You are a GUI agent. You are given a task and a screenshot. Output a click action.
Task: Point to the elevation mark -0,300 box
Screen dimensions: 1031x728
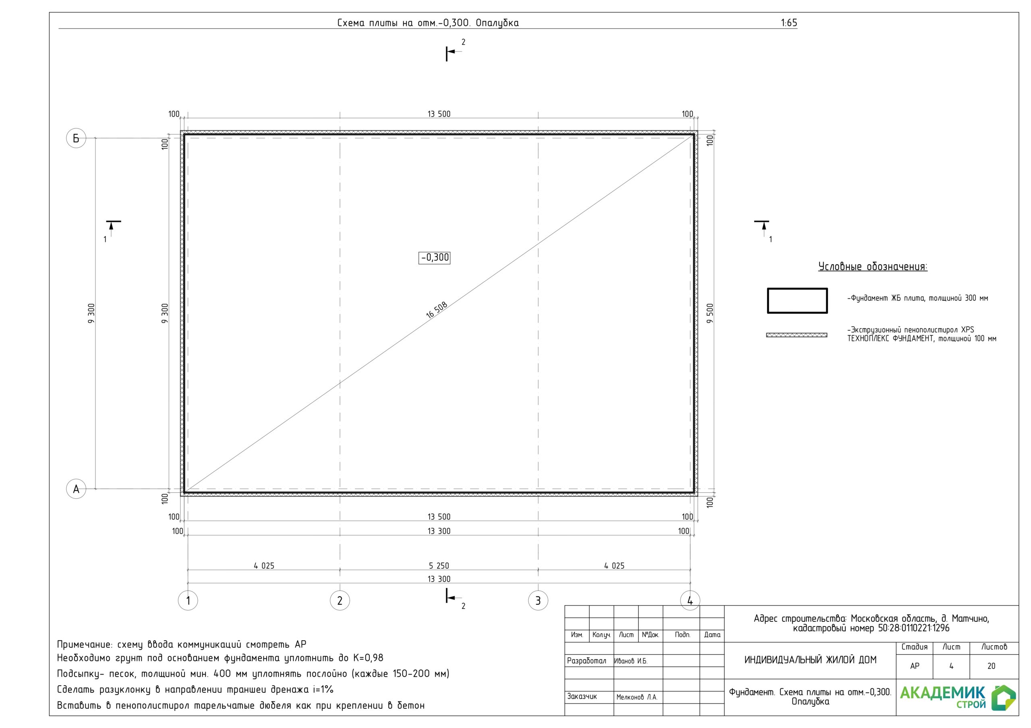434,257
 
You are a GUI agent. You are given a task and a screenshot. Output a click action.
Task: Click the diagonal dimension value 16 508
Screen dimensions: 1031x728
437,310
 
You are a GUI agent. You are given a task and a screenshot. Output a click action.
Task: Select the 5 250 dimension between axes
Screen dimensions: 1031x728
439,566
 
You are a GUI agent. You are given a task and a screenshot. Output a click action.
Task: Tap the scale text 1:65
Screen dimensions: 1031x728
789,23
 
